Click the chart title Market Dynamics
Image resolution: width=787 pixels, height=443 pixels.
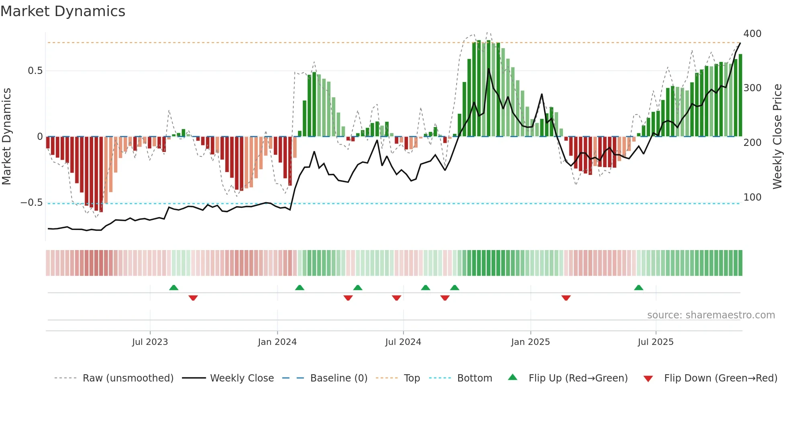63,11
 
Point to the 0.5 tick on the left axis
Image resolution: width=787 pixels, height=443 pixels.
35,71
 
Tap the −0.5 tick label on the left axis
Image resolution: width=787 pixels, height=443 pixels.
32,203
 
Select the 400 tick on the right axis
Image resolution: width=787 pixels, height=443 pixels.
752,34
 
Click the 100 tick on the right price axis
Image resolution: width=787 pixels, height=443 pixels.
752,197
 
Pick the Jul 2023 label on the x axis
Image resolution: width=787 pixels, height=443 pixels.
150,342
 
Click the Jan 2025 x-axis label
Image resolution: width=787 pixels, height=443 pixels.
530,342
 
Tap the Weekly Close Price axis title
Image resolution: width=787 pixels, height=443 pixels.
777,137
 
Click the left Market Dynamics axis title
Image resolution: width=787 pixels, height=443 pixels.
6,137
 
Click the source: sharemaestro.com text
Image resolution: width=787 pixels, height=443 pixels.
711,315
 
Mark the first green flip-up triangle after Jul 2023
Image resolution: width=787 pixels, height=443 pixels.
173,288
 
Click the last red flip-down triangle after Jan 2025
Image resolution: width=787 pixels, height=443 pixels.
566,298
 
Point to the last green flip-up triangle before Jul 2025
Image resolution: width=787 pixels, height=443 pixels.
638,288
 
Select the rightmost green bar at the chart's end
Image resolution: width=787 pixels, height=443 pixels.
740,95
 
